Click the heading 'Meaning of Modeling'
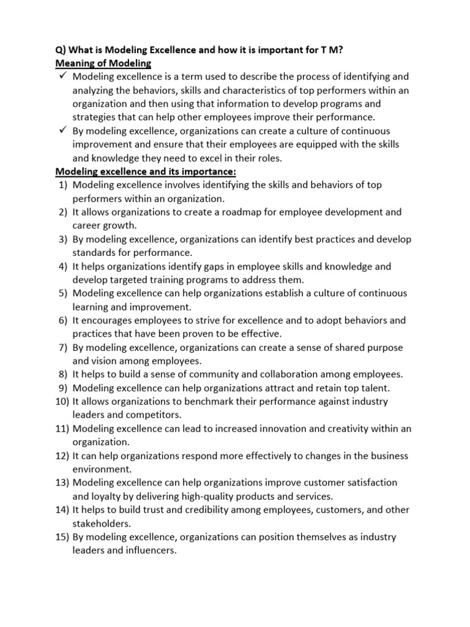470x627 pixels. click(103, 63)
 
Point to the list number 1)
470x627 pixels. click(62, 185)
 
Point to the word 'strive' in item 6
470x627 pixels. click(207, 320)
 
